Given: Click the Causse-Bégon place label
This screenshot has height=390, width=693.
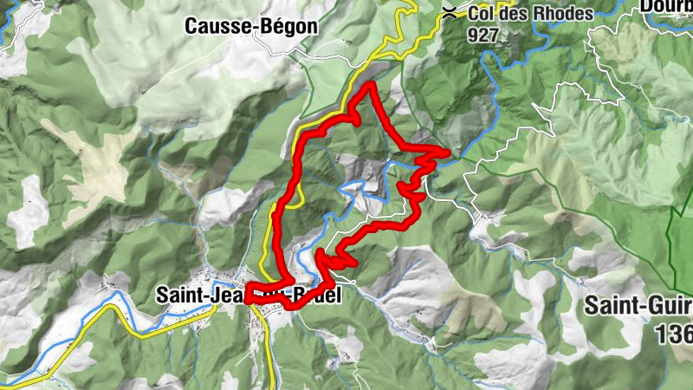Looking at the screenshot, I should (x=251, y=27).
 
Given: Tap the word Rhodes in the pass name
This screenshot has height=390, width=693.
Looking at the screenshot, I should (x=564, y=14).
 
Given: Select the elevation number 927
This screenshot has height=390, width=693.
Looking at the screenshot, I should (x=483, y=35).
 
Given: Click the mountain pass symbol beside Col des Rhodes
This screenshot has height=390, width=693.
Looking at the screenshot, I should (x=450, y=13).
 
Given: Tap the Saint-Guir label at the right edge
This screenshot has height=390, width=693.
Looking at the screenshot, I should (x=637, y=306).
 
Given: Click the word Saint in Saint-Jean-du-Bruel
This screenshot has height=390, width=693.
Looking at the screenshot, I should (x=179, y=295).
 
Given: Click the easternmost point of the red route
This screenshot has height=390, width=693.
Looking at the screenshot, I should (x=448, y=153).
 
